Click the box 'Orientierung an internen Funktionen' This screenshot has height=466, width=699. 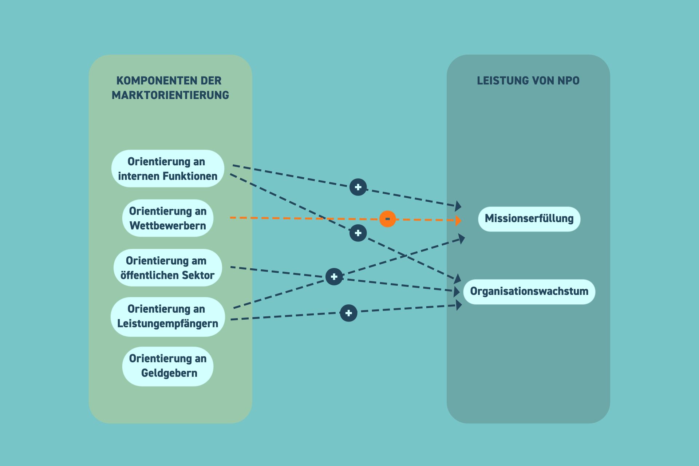click(167, 169)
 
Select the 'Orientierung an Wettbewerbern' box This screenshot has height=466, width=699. click(167, 218)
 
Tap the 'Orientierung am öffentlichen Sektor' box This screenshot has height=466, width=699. click(167, 268)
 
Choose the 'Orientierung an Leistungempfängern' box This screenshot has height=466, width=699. click(167, 316)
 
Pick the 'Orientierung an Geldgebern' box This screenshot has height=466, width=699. click(167, 366)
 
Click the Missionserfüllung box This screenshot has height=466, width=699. click(529, 219)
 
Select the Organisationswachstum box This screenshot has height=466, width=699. click(529, 292)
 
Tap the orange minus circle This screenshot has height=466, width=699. click(387, 219)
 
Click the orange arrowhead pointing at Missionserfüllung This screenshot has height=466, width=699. click(458, 220)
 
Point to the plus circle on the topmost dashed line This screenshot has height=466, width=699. click(358, 187)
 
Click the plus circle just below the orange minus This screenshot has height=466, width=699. click(358, 233)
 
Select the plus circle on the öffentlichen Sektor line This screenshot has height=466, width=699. click(334, 277)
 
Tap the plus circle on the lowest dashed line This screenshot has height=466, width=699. click(348, 313)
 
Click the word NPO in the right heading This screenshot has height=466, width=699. click(568, 80)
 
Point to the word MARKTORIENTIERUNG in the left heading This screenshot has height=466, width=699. click(170, 95)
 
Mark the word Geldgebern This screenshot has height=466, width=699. click(169, 373)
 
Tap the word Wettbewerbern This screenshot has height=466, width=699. click(167, 226)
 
